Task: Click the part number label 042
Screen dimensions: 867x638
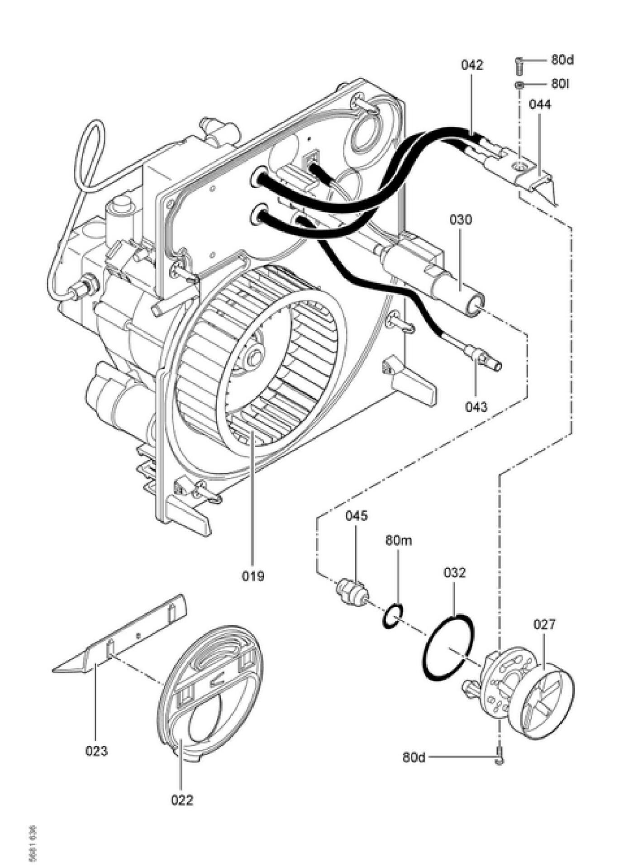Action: pyautogui.click(x=472, y=65)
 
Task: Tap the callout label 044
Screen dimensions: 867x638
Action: pyautogui.click(x=540, y=105)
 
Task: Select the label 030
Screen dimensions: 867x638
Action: pyautogui.click(x=461, y=220)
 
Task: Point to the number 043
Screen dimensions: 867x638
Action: pyautogui.click(x=476, y=407)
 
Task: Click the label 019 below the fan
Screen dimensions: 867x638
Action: pyautogui.click(x=252, y=576)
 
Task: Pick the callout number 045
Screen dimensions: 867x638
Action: pyautogui.click(x=357, y=516)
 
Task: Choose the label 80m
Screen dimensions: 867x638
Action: pyautogui.click(x=399, y=540)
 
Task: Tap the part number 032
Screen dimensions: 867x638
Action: pyautogui.click(x=454, y=572)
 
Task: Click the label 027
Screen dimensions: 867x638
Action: pyautogui.click(x=544, y=624)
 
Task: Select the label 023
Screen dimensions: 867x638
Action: pyautogui.click(x=97, y=751)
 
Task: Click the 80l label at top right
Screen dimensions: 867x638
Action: pyautogui.click(x=560, y=84)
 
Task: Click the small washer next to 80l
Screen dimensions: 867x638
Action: pyautogui.click(x=519, y=85)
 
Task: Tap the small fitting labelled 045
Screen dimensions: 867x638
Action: pyautogui.click(x=353, y=591)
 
